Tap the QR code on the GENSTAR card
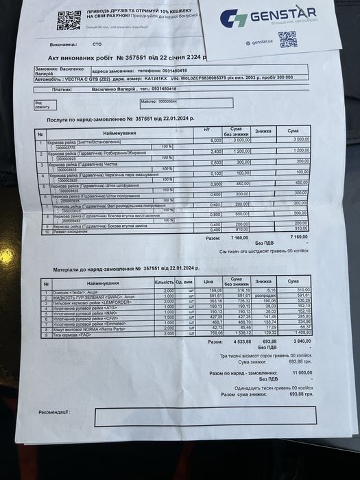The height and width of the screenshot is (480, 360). [x=288, y=38]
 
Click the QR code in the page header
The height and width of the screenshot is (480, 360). [x=68, y=21]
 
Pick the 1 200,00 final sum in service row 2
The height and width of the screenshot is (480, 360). [x=300, y=150]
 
